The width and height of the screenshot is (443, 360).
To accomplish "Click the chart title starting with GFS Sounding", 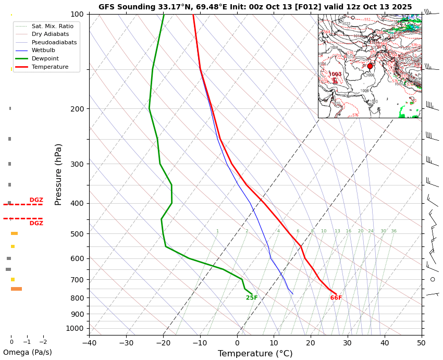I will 255,7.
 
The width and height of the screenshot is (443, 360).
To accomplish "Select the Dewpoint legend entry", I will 45,59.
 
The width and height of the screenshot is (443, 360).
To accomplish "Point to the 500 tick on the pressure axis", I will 78,234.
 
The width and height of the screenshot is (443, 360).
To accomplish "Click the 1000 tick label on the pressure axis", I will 76,328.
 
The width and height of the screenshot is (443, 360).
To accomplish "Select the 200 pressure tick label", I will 78,109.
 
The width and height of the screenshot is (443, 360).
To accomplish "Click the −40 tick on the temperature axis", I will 89,343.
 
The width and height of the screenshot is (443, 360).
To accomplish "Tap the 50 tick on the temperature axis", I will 421,343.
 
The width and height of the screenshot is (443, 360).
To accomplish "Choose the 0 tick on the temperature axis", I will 237,343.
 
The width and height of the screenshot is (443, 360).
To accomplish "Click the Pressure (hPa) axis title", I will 58,174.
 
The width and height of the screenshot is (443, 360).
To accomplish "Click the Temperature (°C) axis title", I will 255,354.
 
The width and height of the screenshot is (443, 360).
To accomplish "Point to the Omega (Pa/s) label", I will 27,352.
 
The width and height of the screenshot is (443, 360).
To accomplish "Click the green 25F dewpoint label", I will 252,298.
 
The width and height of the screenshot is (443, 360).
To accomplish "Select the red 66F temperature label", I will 336,298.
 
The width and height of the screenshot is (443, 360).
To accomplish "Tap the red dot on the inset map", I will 370,66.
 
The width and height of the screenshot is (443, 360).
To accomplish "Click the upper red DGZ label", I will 36,200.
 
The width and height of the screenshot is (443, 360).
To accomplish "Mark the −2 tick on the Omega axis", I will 43,342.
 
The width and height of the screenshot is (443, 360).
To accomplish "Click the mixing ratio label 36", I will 394,231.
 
